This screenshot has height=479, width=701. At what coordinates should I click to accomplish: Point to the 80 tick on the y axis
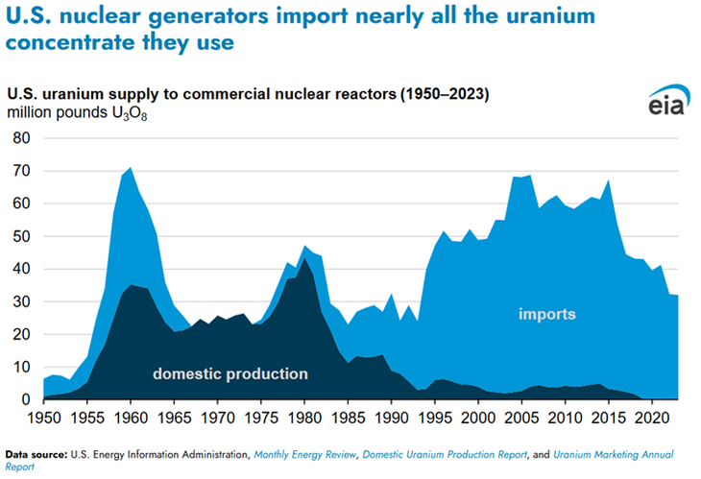point(22,138)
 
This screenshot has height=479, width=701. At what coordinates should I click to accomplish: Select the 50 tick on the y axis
point(22,236)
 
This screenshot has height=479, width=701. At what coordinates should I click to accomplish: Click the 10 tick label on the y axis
point(22,367)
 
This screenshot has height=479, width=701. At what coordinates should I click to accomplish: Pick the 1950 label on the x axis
point(44,419)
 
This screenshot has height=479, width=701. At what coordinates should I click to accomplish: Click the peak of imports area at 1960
point(132,168)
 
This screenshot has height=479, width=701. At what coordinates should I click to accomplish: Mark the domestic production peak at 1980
point(305,258)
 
